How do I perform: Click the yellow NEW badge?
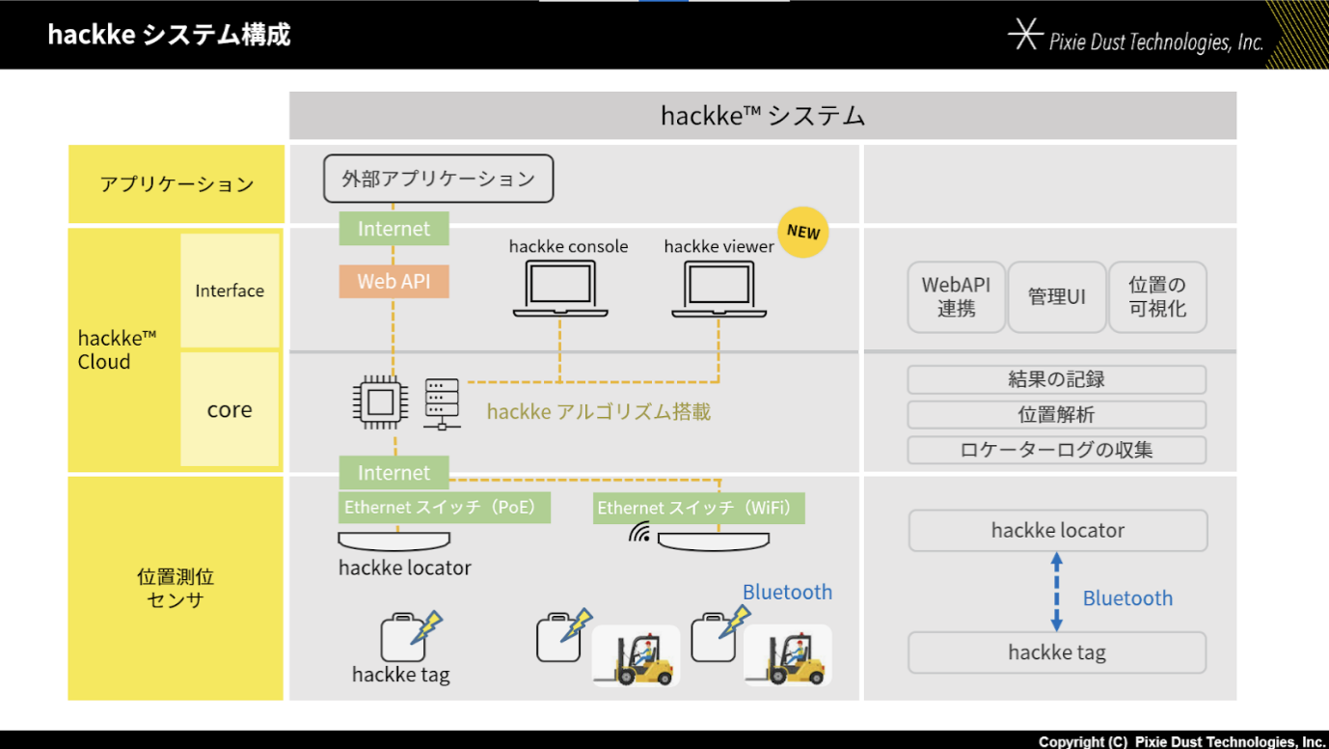803,232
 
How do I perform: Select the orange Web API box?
393,282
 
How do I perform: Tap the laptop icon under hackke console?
560,289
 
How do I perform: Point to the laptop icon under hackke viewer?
719,289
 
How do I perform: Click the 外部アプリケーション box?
438,179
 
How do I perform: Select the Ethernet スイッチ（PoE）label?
445,507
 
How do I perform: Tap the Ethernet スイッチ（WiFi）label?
698,508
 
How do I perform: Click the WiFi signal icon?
639,533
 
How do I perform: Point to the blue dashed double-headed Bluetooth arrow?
1056,592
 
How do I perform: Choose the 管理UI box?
1056,297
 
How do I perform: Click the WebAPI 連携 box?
956,297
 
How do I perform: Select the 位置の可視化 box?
1157,297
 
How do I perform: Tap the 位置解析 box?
1056,415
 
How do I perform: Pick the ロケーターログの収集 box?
1056,450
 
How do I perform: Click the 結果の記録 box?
1056,379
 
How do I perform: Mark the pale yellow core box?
230,409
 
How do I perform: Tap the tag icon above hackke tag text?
403,637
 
